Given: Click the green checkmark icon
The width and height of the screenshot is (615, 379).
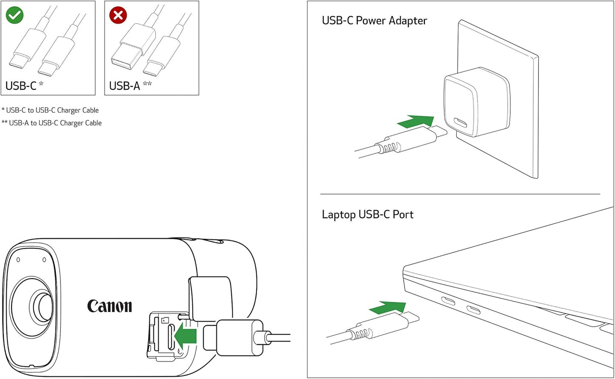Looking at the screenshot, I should (14, 15).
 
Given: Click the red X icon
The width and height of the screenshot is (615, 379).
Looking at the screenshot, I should (118, 15).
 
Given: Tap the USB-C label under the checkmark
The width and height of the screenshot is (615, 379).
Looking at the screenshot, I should (21, 86).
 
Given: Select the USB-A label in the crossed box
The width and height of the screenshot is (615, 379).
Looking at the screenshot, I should (124, 86).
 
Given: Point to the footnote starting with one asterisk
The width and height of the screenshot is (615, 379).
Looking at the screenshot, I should (50, 110).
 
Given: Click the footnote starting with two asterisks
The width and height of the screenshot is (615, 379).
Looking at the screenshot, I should (51, 123).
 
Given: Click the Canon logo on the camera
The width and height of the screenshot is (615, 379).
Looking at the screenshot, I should (109, 306).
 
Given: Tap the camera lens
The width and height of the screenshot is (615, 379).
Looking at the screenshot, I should (42, 304).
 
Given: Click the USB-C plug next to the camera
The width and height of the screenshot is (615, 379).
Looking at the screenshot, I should (233, 337).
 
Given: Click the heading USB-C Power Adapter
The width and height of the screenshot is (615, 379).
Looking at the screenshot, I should (374, 20).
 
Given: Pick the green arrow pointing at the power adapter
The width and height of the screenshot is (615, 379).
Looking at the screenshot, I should (415, 122).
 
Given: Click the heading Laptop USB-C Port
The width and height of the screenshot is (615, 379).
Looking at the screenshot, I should (367, 214).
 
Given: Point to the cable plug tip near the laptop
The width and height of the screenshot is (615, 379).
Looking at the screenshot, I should (411, 317).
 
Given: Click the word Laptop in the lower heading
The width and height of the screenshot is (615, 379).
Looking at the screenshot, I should (338, 214).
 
